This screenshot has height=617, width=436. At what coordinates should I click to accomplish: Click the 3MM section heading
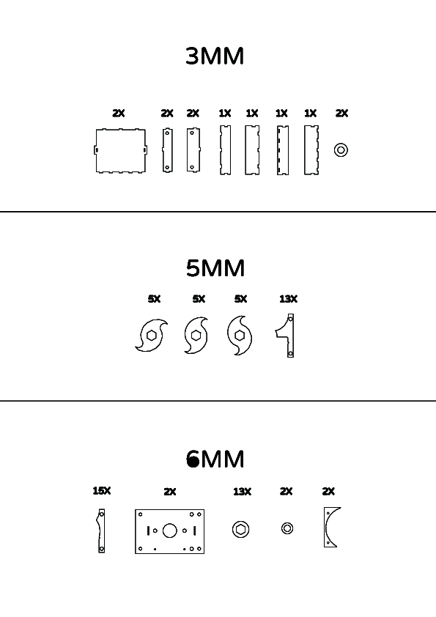pos(215,56)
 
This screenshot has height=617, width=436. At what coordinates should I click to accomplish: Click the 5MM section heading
pos(215,268)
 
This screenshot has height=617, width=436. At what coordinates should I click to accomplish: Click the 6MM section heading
pos(215,459)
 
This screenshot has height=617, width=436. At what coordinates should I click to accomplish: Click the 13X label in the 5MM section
pos(289,299)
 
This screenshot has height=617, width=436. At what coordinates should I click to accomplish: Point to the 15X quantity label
pos(102,491)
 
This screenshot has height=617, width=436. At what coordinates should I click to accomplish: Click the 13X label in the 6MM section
pos(242,492)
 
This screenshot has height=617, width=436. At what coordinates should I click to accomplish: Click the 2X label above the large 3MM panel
pos(119,114)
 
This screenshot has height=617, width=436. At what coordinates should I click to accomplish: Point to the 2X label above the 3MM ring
pos(341,114)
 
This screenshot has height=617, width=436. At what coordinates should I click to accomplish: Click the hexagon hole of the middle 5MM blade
pos(196,336)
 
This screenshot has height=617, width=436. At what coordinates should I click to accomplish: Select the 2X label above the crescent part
pos(328,492)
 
